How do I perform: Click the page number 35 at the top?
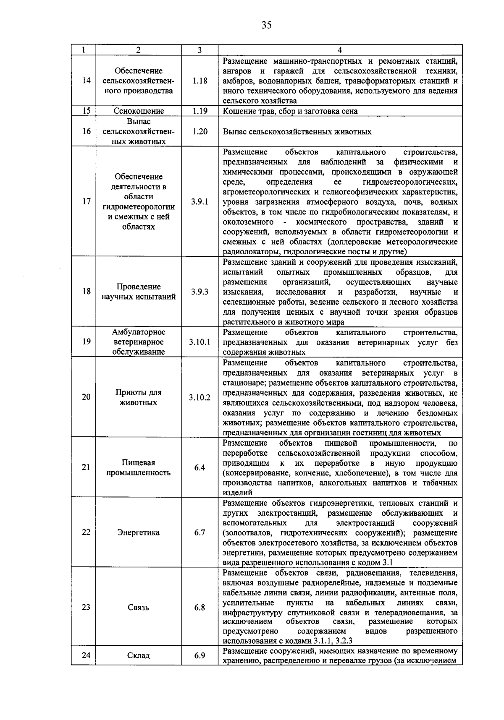click(266, 25)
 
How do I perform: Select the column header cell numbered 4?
click(340, 50)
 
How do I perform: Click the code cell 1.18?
click(199, 81)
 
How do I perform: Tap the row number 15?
click(86, 111)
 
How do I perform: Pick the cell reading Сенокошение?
click(139, 111)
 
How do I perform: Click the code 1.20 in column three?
click(199, 131)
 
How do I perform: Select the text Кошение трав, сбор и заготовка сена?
click(290, 111)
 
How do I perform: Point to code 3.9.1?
click(199, 201)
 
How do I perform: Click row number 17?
click(86, 201)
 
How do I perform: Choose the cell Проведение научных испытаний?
click(139, 292)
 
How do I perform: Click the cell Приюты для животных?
click(139, 397)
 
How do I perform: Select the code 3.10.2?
click(199, 397)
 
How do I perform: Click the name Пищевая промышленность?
click(139, 467)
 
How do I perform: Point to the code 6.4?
click(199, 467)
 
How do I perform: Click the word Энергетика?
click(139, 532)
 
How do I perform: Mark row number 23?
click(86, 607)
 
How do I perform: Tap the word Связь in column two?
click(139, 607)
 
